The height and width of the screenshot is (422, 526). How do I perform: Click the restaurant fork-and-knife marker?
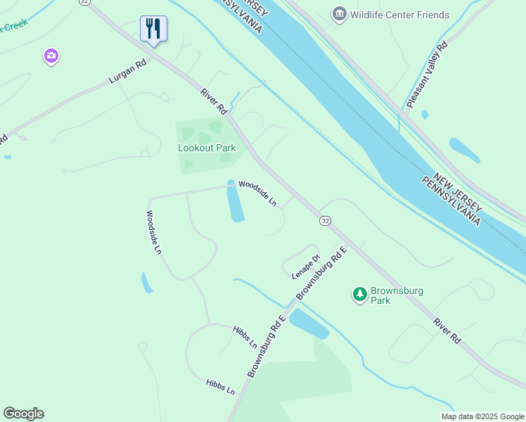point(153,29)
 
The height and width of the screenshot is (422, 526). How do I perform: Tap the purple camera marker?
point(51,56)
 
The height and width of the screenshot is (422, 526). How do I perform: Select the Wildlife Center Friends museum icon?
point(340,14)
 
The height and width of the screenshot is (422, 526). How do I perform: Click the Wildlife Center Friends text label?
point(399,15)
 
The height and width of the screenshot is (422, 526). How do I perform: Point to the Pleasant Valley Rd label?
point(427,76)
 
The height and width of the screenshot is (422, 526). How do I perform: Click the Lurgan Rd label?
point(127,73)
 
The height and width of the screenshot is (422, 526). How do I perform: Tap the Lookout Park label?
point(207,148)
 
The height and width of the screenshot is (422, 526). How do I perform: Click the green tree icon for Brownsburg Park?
point(360,293)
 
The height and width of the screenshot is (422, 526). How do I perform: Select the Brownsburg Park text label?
point(380,295)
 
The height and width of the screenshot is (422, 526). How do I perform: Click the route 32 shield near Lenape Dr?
point(325,220)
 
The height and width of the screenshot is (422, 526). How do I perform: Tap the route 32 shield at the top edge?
point(84,2)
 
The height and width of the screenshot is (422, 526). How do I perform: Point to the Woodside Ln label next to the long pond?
point(258,193)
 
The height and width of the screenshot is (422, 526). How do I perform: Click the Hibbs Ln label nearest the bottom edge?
point(220,386)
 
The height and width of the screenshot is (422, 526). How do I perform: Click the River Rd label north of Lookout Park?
point(214,101)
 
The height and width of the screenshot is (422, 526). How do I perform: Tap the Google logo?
point(23,414)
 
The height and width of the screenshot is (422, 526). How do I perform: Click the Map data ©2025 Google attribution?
point(482,416)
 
